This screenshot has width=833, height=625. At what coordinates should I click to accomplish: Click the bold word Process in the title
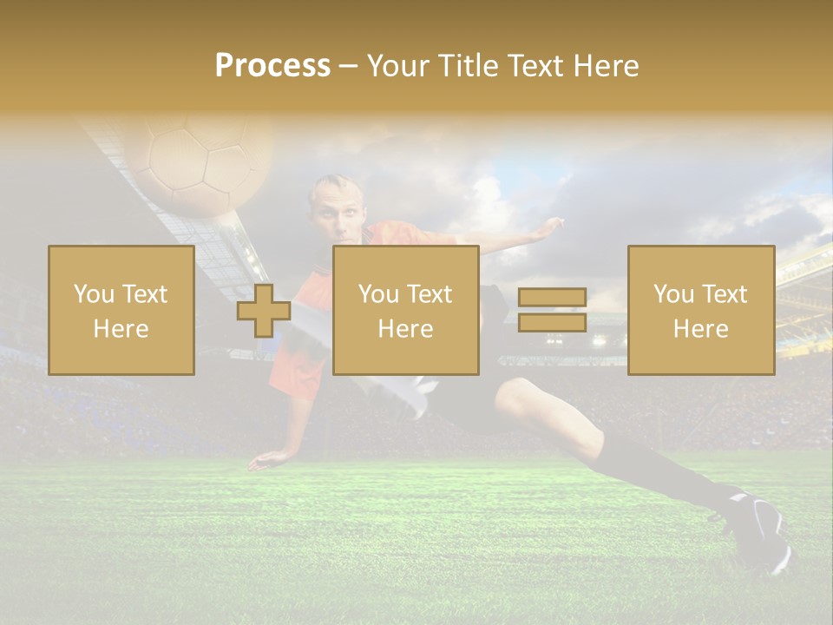coord(272,66)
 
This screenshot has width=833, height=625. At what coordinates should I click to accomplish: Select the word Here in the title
coord(605,66)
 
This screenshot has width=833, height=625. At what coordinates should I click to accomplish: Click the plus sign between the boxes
coord(264,311)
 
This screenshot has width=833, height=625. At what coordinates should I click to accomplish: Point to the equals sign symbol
coord(552,311)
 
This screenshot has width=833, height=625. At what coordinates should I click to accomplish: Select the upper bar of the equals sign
coord(552,298)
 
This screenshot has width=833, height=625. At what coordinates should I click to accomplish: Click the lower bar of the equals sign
coord(552,323)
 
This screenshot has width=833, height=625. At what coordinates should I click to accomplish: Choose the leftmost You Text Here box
coord(121,310)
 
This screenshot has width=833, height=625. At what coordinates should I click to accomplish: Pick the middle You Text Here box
coord(406,310)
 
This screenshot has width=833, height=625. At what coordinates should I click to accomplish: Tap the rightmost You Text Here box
coord(701,310)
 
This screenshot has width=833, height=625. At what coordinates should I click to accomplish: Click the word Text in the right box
coord(724,294)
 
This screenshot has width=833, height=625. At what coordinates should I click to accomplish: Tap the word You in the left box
coord(93,294)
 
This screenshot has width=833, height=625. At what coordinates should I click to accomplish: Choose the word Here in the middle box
coord(406,329)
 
